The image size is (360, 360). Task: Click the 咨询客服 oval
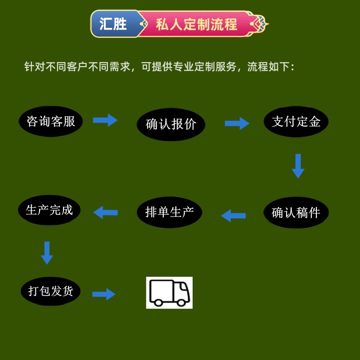pos(51,121)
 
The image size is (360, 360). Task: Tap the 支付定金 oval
pos(296,121)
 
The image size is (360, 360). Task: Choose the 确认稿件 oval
pos(296,212)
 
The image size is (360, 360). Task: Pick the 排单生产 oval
pos(169,212)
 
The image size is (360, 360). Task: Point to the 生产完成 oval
pos(49,210)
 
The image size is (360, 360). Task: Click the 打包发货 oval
pos(51,291)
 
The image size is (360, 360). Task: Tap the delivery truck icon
pos(169,292)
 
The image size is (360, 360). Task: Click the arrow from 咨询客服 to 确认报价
pos(105,120)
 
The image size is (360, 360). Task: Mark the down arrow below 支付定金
pos(297,166)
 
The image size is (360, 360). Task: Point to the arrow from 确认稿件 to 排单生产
pos(234,216)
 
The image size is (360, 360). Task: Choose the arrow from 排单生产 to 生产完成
pos(106,212)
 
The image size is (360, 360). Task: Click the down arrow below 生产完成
pos(47,253)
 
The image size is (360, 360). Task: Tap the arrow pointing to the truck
pos(104,294)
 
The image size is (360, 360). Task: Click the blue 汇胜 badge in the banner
pos(113,24)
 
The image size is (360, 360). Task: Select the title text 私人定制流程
pos(196,24)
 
